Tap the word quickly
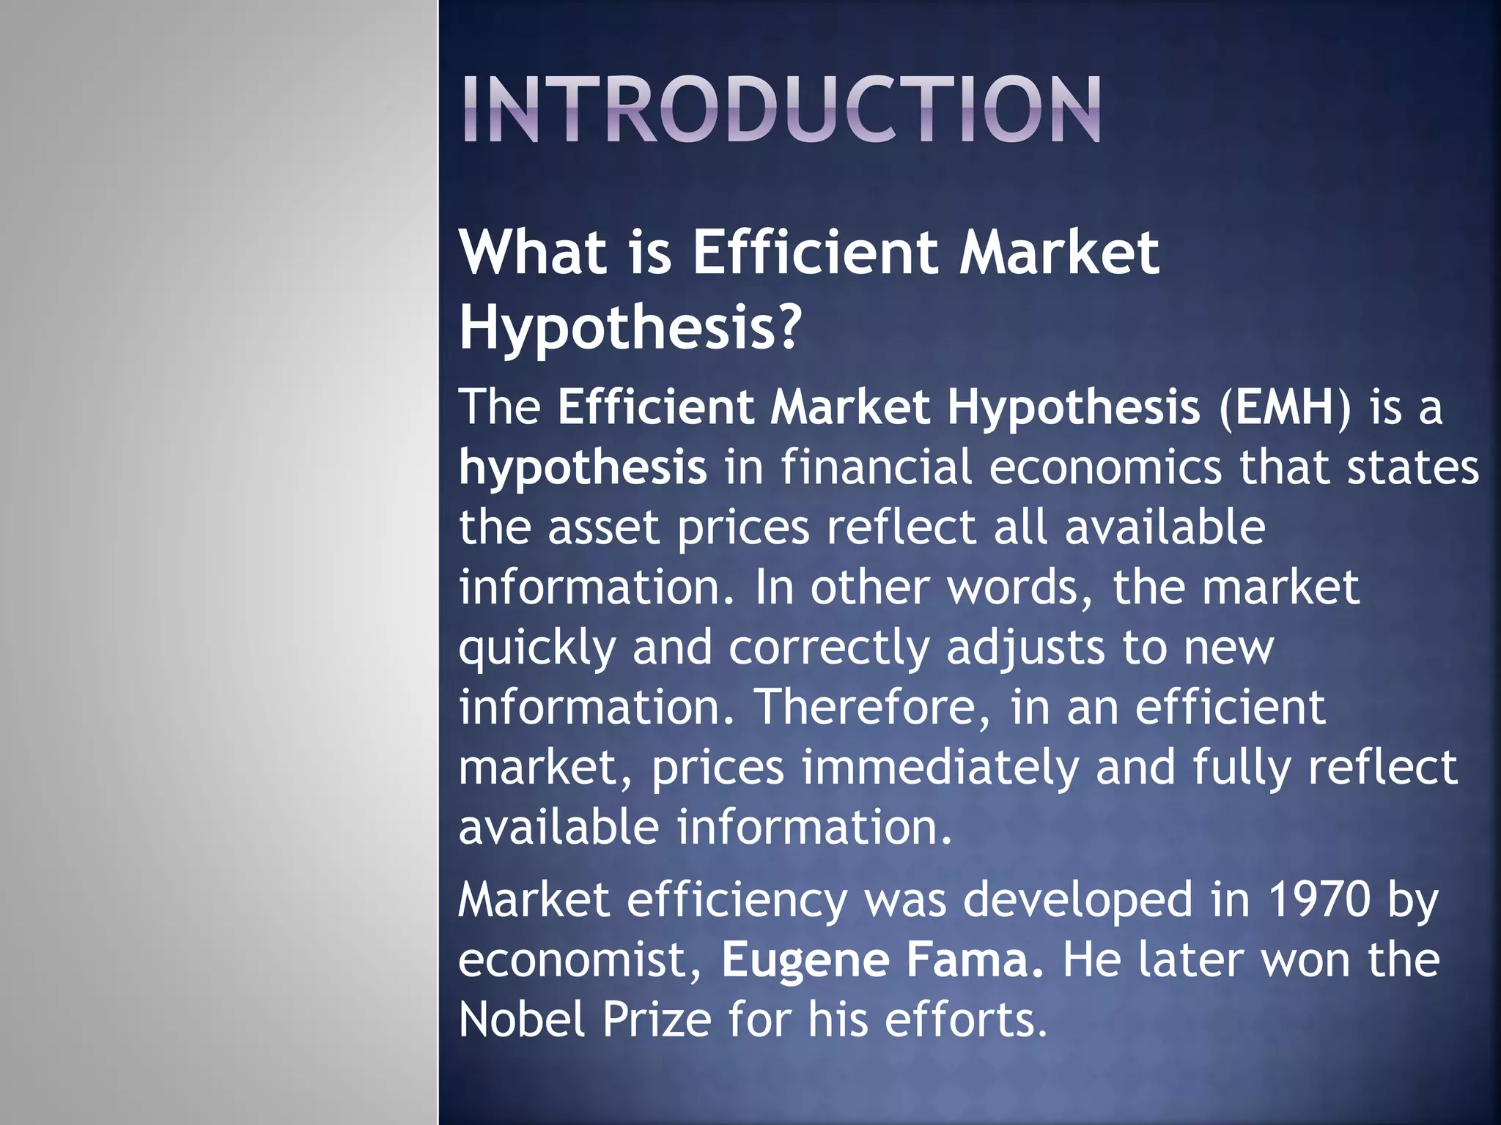click(x=537, y=648)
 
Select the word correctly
click(x=829, y=648)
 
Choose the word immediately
click(x=940, y=768)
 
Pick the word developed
click(x=1077, y=901)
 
